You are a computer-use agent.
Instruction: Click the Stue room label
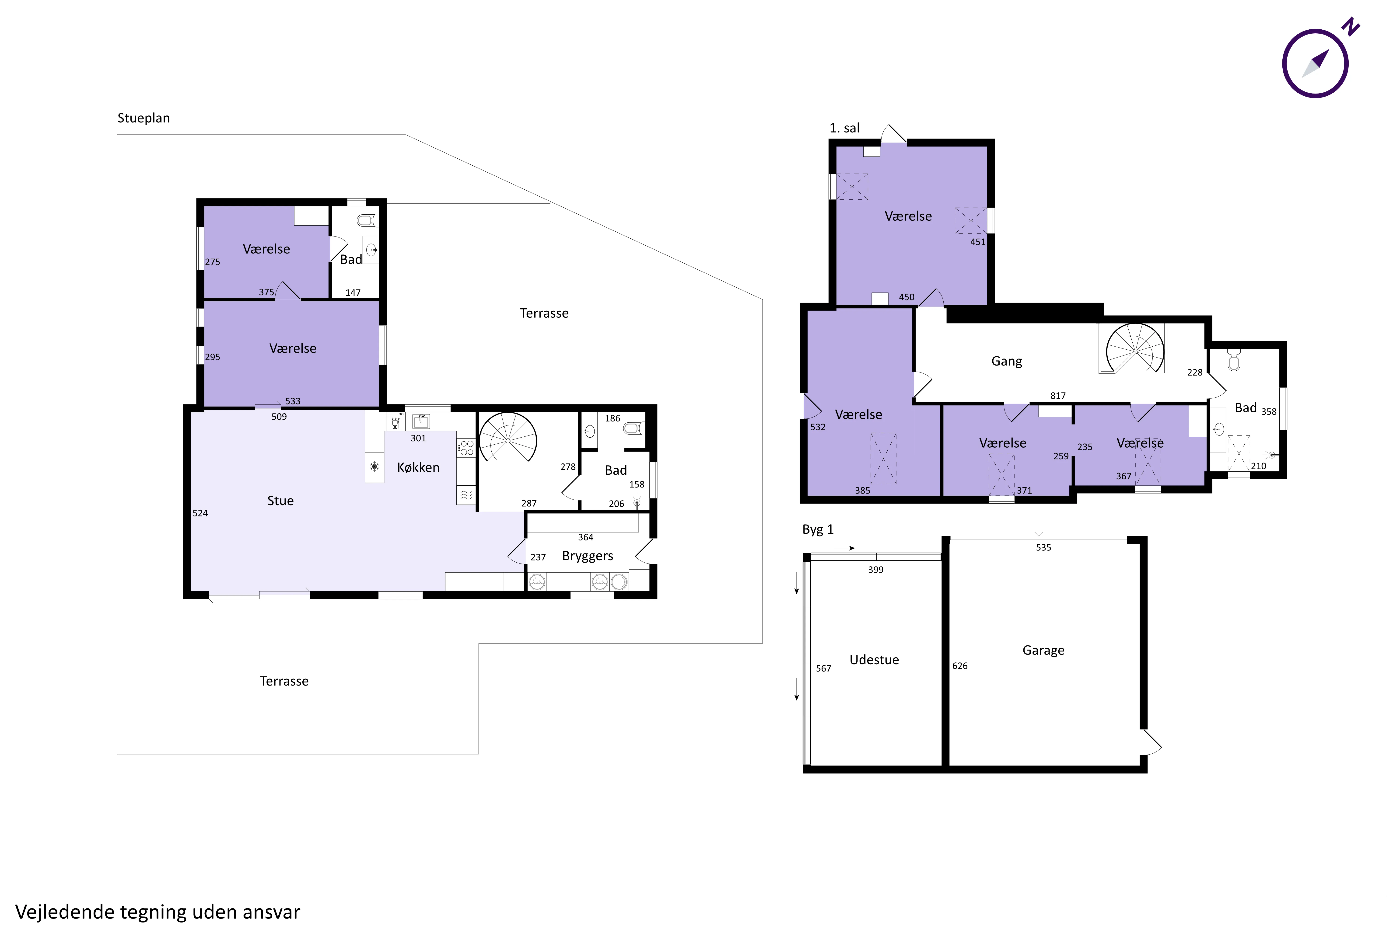click(280, 501)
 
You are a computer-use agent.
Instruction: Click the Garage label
click(1043, 650)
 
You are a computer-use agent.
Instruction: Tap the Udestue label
click(874, 660)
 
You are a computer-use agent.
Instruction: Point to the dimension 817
click(1058, 396)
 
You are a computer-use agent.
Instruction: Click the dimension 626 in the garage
click(959, 666)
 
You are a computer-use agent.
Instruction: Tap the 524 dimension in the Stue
click(200, 513)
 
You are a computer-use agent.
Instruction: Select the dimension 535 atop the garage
click(1043, 547)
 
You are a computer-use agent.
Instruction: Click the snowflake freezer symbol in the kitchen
click(374, 466)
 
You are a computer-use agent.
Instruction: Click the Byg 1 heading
click(818, 529)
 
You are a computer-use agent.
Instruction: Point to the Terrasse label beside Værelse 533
click(544, 313)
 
